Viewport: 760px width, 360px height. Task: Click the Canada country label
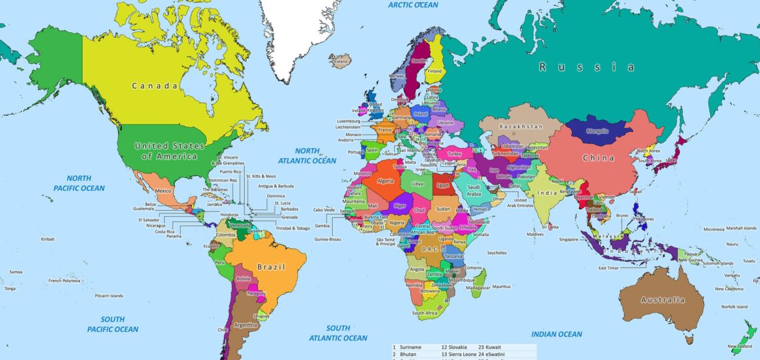pyautogui.click(x=155, y=86)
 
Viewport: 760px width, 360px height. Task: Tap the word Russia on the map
pyautogui.click(x=587, y=67)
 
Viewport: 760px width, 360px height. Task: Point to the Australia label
pyautogui.click(x=662, y=300)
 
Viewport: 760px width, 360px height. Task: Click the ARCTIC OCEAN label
pyautogui.click(x=413, y=5)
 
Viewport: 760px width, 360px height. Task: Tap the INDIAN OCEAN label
pyautogui.click(x=556, y=334)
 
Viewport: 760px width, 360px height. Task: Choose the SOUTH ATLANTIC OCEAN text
pyautogui.click(x=338, y=333)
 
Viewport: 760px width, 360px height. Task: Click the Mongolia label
pyautogui.click(x=597, y=131)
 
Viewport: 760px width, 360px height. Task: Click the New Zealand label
pyautogui.click(x=739, y=347)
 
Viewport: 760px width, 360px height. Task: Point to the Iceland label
pyautogui.click(x=341, y=61)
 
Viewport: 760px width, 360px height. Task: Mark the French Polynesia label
pyautogui.click(x=64, y=281)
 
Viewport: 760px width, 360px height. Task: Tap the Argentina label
pyautogui.click(x=246, y=325)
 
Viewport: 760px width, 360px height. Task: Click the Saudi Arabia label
pyautogui.click(x=473, y=190)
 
